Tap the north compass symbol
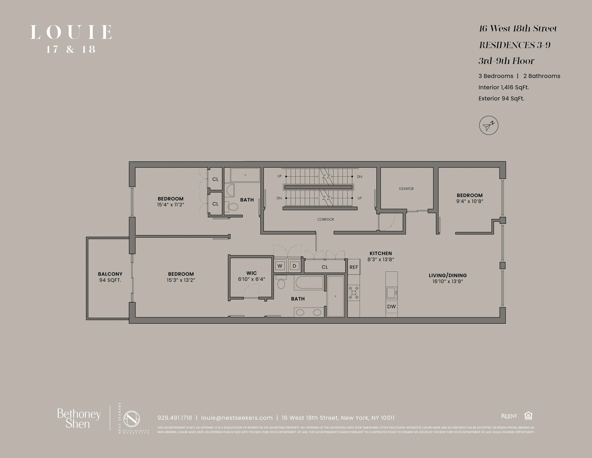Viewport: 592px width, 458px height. (488, 126)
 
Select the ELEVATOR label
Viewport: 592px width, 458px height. (406, 189)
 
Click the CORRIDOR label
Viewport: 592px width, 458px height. (326, 219)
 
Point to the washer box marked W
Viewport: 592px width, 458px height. (280, 266)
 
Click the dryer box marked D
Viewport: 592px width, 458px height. (294, 266)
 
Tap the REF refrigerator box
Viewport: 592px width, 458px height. (353, 267)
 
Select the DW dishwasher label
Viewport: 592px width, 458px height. (391, 307)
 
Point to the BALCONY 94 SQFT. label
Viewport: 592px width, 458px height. (110, 277)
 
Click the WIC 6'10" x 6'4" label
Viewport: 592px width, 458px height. (252, 276)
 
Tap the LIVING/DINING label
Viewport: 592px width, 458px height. (448, 275)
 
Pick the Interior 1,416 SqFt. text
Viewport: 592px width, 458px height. (503, 87)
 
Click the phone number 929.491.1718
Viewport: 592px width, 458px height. (175, 418)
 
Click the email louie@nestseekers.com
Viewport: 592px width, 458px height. (237, 418)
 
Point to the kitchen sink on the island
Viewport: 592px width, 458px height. (391, 293)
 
